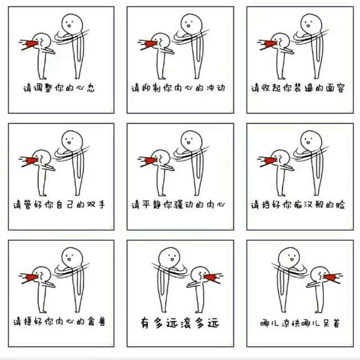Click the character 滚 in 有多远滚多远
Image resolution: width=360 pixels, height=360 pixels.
[186, 323]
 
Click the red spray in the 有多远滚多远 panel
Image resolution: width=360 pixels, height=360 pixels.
[211, 277]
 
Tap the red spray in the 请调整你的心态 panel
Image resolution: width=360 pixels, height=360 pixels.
[30, 44]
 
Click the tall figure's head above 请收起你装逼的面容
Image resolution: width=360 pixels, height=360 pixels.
[310, 24]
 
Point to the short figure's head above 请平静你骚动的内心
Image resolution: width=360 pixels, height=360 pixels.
[161, 158]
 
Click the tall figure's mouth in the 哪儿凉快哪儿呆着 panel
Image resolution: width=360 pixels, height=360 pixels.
[292, 259]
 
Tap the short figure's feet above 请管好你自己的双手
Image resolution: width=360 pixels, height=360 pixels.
[43, 195]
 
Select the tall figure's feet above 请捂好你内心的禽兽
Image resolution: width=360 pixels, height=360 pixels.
[78, 310]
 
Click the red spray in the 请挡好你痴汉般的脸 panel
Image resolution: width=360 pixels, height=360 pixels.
[269, 160]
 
